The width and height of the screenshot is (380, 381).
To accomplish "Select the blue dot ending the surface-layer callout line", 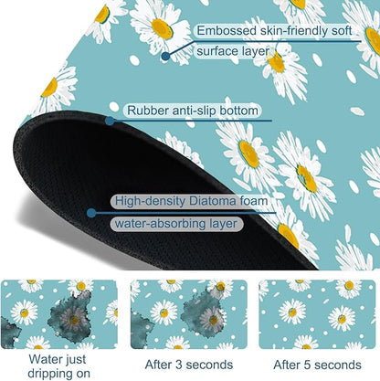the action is tap(165, 56).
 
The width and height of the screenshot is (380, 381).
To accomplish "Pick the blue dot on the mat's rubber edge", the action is tap(110, 121).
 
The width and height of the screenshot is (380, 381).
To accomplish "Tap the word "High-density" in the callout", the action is tap(150, 201).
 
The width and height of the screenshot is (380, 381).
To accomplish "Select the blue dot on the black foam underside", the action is tap(91, 213).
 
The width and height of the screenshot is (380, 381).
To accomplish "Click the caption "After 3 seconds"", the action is tap(189, 365).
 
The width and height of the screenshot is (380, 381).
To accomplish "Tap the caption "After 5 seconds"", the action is tap(317, 365).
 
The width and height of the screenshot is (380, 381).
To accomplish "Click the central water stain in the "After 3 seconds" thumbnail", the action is tap(204, 313).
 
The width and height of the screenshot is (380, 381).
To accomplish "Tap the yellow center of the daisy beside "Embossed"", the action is tap(163, 29).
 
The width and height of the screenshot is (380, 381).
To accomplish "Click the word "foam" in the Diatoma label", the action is tap(254, 201).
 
